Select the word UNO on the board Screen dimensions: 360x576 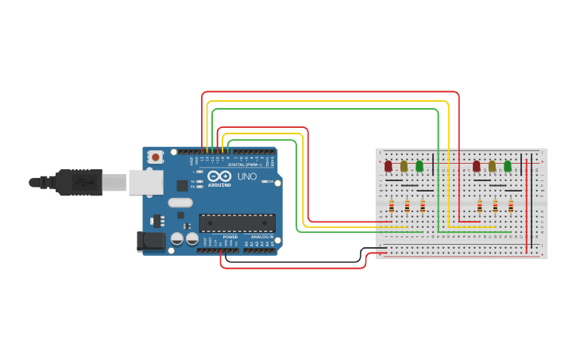click(x=247, y=176)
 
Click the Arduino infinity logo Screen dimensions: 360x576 click(x=218, y=176)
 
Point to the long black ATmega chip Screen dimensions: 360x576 click(x=237, y=223)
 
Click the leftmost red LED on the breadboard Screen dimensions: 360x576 click(x=389, y=166)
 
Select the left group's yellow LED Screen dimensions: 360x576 click(x=404, y=166)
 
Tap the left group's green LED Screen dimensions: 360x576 click(x=419, y=166)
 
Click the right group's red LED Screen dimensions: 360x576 click(x=477, y=166)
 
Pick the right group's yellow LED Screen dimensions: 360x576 click(x=492, y=166)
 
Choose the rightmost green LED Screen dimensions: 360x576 click(x=508, y=166)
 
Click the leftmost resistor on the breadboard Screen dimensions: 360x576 click(x=392, y=206)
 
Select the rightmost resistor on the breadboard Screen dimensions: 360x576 click(x=511, y=206)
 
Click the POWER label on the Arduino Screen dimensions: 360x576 click(x=230, y=237)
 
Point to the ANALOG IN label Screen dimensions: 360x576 click(x=262, y=237)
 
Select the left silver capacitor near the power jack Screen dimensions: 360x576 click(x=177, y=238)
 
